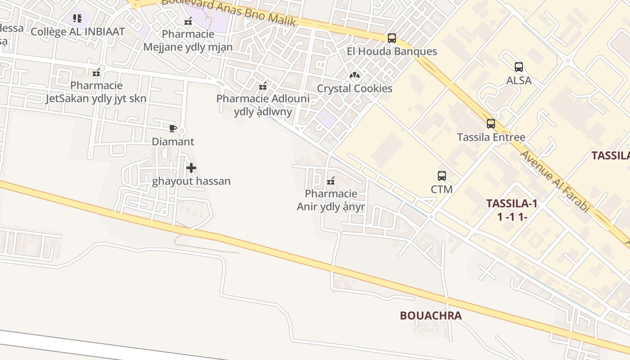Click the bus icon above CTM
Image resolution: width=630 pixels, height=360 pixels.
point(441,176)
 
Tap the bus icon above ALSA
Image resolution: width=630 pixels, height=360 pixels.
point(519,67)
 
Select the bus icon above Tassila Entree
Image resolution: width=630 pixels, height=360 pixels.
point(491,124)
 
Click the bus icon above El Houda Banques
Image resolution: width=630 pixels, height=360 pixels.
point(392,38)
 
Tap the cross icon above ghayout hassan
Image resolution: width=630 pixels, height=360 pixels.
point(191,168)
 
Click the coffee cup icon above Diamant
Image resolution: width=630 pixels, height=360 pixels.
point(172,129)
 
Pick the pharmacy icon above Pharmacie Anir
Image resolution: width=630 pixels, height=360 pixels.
point(331,181)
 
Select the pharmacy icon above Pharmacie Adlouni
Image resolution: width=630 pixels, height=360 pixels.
point(263,85)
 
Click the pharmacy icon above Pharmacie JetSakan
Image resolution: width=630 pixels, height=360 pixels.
point(96,72)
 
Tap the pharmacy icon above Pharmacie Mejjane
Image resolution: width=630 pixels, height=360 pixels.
point(188,21)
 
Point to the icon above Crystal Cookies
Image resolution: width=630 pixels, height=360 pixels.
point(355,75)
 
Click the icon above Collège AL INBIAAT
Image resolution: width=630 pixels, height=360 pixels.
point(77,18)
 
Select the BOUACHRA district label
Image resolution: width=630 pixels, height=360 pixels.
point(431,315)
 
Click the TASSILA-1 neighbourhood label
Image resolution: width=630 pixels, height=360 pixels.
point(512,203)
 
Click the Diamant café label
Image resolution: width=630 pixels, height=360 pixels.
point(173,142)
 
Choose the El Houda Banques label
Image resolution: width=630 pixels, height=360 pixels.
point(391,51)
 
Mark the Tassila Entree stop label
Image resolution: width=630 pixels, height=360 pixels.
point(491,137)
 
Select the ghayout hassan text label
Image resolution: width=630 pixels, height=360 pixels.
point(191,181)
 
